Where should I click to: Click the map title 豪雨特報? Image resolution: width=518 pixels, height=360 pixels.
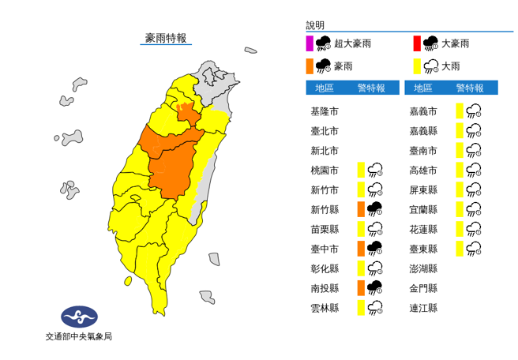167,38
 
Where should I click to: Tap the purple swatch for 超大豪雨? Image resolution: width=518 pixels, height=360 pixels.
310,43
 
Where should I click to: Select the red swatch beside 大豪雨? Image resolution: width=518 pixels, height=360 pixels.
415,43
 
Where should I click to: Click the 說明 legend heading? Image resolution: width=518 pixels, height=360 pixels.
315,25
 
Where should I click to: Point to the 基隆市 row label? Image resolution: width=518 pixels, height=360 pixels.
326,111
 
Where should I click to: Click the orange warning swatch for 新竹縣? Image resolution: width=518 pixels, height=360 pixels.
360,209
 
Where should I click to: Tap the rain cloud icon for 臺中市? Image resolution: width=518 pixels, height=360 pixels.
375,249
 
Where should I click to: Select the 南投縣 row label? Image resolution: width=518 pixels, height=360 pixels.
326,288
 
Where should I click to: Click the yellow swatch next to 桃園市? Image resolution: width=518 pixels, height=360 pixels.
360,170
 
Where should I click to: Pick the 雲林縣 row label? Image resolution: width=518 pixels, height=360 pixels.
326,308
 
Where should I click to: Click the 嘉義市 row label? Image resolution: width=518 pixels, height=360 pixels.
423,111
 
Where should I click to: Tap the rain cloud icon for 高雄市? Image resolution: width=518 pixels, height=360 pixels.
474,170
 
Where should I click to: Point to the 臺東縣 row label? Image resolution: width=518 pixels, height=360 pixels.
423,249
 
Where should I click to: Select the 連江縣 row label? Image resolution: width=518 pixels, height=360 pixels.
423,308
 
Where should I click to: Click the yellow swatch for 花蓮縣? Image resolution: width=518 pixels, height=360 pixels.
459,229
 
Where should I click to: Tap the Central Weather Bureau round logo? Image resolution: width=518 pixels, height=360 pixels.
79,317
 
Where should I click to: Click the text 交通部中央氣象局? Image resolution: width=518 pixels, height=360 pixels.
79,336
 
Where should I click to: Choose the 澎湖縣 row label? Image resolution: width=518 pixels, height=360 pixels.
423,268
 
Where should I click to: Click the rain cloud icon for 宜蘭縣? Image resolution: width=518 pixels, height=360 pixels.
474,209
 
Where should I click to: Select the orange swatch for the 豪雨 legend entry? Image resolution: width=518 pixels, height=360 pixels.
310,66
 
